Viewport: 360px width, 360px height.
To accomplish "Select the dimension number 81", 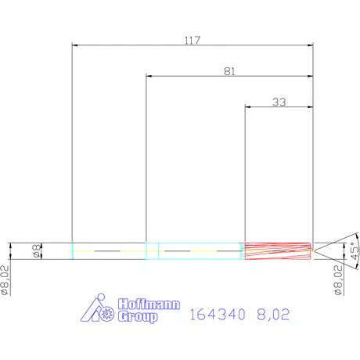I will click(x=229, y=70).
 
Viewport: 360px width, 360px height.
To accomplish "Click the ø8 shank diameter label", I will click(x=35, y=250).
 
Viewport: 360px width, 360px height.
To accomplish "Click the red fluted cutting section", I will click(x=278, y=250).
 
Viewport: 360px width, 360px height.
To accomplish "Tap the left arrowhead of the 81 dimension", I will click(x=149, y=77).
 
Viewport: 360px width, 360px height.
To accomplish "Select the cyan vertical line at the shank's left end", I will click(x=72, y=250).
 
